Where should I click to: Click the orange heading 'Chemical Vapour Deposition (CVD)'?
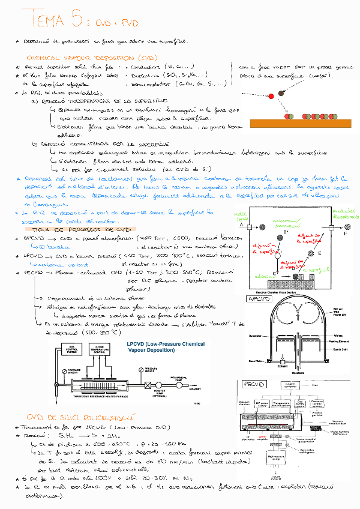coord(91,58)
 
